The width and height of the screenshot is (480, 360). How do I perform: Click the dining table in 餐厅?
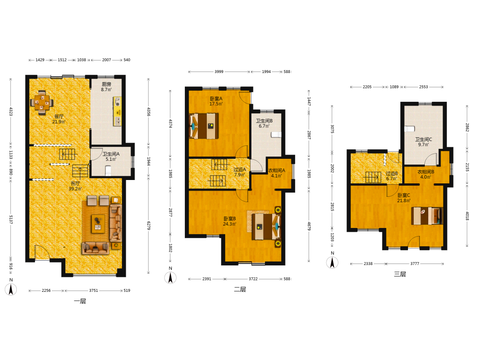(x=42, y=102)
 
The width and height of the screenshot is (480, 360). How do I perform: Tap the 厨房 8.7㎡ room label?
(x=106, y=86)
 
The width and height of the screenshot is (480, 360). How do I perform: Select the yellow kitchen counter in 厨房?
(x=117, y=111)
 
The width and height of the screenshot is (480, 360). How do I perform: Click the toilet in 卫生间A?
(x=108, y=170)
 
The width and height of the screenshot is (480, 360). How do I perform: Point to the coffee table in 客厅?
(x=98, y=224)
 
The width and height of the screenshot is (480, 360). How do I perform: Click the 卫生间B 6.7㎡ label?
(x=264, y=123)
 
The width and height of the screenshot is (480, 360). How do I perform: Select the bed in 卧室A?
(x=204, y=126)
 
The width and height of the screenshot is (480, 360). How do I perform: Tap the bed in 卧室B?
(x=266, y=227)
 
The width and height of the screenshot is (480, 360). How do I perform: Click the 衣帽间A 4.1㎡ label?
(x=276, y=173)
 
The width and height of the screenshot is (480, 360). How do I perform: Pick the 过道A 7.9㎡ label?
(x=240, y=172)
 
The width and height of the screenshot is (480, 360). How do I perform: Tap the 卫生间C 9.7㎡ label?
(x=423, y=142)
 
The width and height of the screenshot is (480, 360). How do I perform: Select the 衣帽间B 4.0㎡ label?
(x=426, y=175)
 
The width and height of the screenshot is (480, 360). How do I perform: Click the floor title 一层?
(x=80, y=301)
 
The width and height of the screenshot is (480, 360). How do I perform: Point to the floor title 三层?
(x=400, y=274)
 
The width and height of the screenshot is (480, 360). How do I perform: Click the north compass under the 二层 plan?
(x=170, y=277)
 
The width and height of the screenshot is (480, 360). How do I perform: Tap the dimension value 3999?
(x=219, y=72)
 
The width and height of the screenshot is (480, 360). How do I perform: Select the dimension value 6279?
(x=149, y=226)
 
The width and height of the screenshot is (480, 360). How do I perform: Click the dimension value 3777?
(x=415, y=264)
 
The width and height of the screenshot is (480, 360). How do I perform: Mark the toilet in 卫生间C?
(x=409, y=129)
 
